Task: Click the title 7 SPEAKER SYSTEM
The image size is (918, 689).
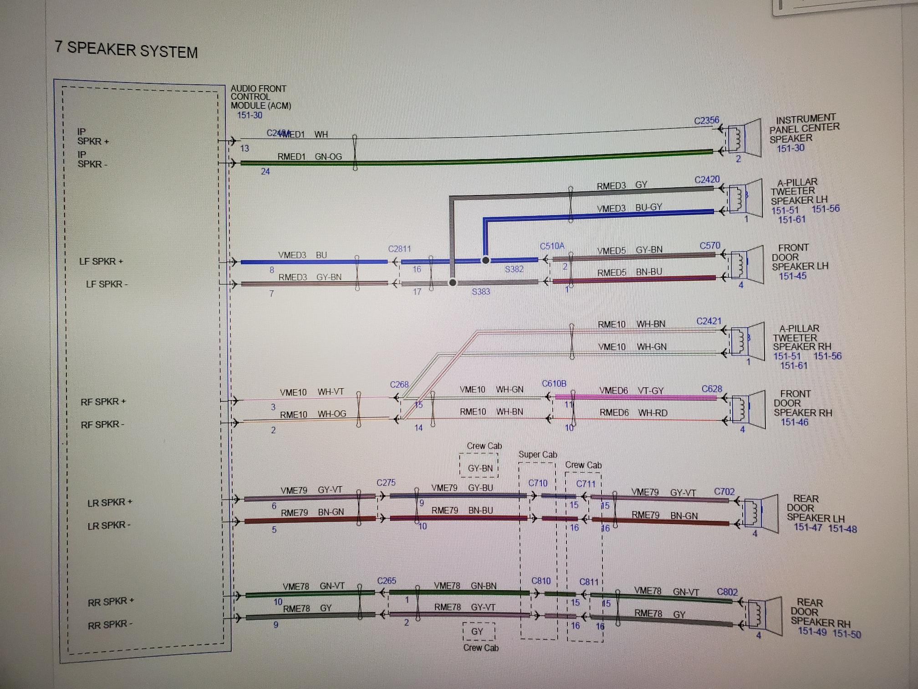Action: click(126, 49)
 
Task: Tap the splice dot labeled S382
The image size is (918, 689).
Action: click(485, 260)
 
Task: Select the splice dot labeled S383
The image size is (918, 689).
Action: click(452, 283)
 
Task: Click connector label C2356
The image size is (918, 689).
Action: click(706, 121)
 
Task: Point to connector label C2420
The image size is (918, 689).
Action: click(707, 180)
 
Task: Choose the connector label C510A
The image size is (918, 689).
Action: click(552, 247)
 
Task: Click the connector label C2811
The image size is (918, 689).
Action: click(399, 249)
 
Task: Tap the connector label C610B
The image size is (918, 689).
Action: click(554, 384)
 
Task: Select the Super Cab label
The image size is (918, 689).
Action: click(537, 455)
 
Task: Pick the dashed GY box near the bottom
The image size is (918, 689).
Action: click(477, 632)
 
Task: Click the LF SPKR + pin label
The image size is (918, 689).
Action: click(101, 262)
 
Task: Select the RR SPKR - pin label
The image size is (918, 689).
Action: click(110, 624)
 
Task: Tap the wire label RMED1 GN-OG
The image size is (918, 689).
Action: click(309, 157)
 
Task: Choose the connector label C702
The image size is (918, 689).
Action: click(724, 492)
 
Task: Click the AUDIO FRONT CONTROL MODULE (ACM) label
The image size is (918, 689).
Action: click(260, 97)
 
